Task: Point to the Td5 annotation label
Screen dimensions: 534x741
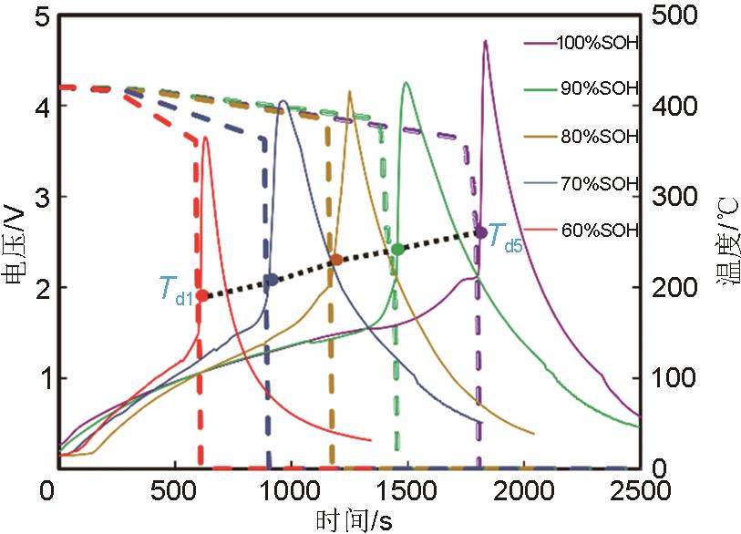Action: [505, 238]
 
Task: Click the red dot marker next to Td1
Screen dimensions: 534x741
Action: [202, 295]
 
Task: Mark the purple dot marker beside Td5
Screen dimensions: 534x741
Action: [481, 233]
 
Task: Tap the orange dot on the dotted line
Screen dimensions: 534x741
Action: [336, 260]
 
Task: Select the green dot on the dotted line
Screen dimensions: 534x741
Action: [397, 249]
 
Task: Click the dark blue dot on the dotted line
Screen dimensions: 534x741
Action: [271, 280]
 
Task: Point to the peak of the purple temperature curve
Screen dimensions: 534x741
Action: [485, 42]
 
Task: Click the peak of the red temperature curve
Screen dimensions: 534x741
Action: [206, 138]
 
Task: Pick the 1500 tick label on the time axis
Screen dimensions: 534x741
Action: [409, 491]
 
